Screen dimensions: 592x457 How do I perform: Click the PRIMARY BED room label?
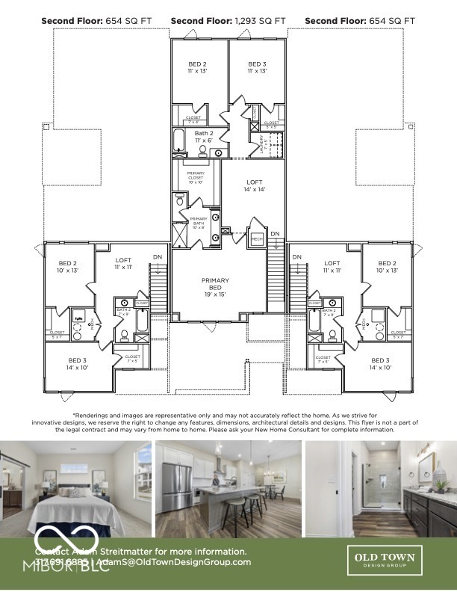click(215, 285)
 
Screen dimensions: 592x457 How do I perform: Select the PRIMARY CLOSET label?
click(195, 177)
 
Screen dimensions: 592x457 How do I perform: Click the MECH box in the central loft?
click(256, 239)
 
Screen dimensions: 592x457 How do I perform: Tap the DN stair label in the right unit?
click(297, 257)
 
